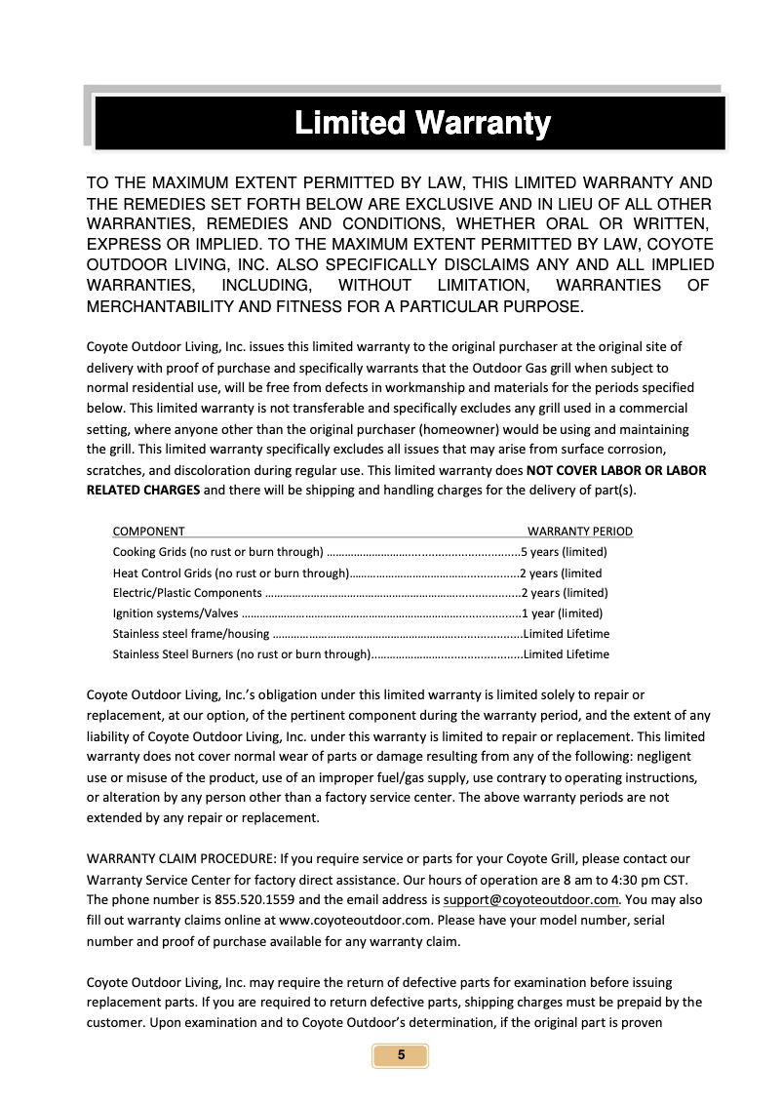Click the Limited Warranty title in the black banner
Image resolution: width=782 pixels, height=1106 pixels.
click(422, 124)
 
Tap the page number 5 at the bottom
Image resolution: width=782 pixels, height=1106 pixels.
click(400, 1056)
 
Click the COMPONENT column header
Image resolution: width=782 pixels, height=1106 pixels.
click(148, 532)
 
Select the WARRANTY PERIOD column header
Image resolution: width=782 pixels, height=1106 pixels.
click(579, 532)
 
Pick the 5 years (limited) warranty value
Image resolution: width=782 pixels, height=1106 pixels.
click(565, 552)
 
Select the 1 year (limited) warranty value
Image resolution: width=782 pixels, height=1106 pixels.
click(562, 613)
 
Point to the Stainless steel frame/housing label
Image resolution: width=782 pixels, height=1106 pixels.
click(191, 634)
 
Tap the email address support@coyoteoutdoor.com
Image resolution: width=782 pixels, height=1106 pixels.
click(531, 899)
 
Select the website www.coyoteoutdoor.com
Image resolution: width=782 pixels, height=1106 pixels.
click(355, 920)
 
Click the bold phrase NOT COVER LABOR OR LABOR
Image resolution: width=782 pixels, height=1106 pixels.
click(616, 470)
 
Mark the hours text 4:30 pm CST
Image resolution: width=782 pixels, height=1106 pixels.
click(653, 880)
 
